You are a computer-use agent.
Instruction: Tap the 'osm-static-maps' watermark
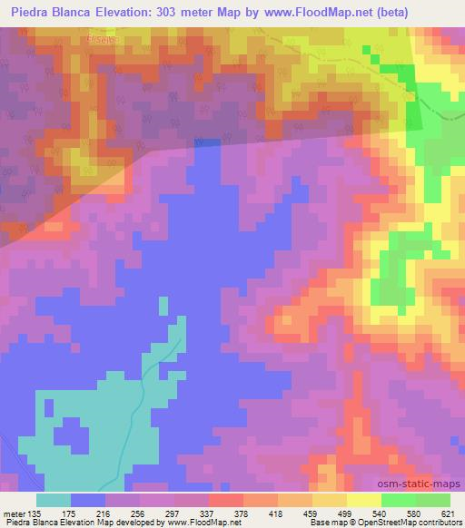tap(425, 485)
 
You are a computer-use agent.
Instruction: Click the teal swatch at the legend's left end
tap(54, 500)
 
